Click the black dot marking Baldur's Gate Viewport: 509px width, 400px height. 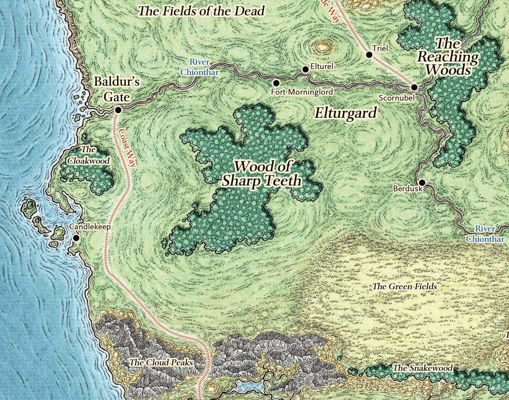[118, 110]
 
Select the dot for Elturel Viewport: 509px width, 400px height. [305, 69]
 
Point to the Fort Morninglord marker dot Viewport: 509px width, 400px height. [276, 83]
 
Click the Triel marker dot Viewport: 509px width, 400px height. [369, 55]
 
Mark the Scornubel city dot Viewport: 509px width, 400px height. [414, 87]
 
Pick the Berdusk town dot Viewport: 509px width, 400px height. [422, 182]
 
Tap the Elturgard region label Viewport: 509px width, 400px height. [346, 113]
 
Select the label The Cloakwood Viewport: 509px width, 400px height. [88, 155]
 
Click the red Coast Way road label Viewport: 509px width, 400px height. [127, 147]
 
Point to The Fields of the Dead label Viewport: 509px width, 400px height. [201, 11]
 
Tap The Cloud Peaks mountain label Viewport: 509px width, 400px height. [161, 362]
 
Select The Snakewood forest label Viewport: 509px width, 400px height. [423, 368]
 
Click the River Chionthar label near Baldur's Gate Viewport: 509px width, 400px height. [200, 67]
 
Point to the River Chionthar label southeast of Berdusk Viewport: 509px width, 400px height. [485, 234]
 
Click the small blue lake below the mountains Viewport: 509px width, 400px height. [249, 386]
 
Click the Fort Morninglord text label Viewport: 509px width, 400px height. [302, 92]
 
